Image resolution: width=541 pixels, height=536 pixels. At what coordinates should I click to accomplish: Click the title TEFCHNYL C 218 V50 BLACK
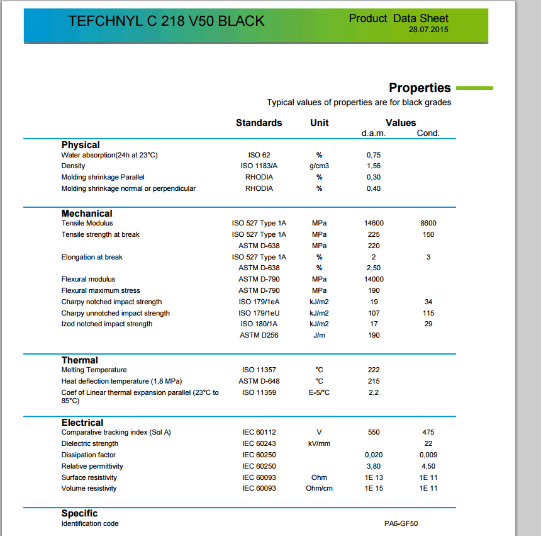coord(166,21)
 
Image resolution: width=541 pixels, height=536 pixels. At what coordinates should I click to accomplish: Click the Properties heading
coord(420,88)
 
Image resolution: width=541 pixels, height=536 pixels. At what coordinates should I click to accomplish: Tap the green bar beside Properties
coord(474,88)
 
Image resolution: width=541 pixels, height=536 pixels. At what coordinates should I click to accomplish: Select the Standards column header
coord(259,123)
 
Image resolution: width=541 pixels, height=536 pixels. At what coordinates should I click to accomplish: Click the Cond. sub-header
coord(428,133)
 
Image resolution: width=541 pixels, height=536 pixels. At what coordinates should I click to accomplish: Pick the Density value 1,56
coord(373,166)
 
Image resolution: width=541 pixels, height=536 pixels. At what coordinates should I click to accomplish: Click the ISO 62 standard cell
coord(259,155)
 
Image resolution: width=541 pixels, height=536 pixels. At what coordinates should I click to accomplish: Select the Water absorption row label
coord(109,155)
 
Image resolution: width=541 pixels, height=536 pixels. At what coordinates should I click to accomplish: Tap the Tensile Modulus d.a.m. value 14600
coord(374,223)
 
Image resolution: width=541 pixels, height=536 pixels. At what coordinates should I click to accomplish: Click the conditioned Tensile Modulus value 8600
coord(428,223)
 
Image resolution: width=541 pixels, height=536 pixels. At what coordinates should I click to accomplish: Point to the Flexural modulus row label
coord(89,279)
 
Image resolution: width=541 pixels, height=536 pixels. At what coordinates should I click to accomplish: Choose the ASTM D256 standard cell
coord(259,335)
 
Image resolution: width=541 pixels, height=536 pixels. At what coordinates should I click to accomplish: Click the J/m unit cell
coord(319,335)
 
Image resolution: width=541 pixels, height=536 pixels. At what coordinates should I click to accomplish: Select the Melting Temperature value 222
coord(374,370)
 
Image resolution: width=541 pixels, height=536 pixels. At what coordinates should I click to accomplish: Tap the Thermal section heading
coord(79,360)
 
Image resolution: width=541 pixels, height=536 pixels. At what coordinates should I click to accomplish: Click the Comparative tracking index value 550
coord(374,432)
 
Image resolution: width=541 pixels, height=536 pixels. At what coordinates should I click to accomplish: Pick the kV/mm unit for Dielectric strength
coord(319,443)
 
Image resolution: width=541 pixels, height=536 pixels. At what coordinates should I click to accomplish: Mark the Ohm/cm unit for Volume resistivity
coord(319,488)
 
